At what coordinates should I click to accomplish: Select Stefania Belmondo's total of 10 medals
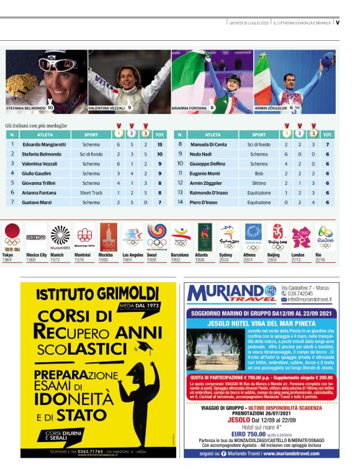(x=160, y=154)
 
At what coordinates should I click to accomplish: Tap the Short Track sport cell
(x=91, y=193)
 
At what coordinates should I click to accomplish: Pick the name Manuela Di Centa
(x=209, y=144)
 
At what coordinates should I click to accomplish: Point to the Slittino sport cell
(x=259, y=183)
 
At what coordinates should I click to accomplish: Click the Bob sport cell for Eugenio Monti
(x=259, y=173)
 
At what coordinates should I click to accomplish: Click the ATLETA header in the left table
(x=45, y=134)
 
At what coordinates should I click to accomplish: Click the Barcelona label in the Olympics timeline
(x=179, y=255)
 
